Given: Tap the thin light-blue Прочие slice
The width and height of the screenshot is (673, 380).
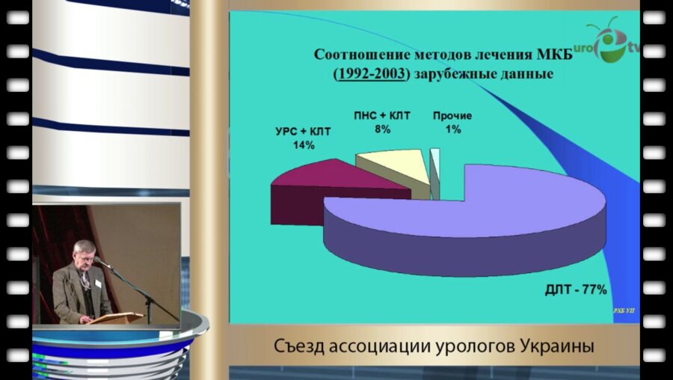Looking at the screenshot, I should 435,168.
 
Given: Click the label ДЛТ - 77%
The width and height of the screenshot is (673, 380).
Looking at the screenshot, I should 574,290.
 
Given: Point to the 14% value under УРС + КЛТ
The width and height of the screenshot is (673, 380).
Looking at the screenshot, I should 304,145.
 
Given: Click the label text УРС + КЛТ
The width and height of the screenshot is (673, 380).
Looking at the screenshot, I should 304,132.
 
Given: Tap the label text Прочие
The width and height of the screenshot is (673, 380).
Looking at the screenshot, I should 452,116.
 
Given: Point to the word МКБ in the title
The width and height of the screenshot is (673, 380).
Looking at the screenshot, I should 554,55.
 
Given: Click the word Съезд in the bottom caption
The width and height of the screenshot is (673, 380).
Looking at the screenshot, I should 298,348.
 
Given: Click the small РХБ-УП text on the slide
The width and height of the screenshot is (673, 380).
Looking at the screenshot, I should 624,309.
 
